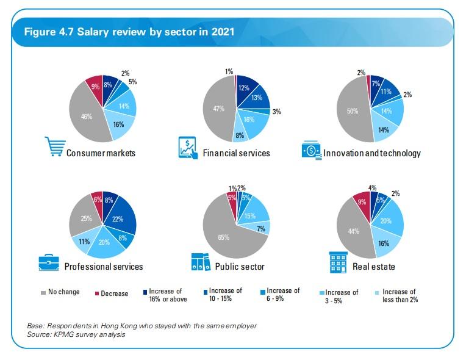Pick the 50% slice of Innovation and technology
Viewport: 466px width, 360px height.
353,110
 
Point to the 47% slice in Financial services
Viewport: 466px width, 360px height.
218,108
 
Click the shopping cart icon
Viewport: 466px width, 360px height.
54,147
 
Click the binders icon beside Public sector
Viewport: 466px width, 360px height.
199,263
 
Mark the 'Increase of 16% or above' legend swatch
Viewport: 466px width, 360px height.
144,292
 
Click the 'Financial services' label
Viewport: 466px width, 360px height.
236,153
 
